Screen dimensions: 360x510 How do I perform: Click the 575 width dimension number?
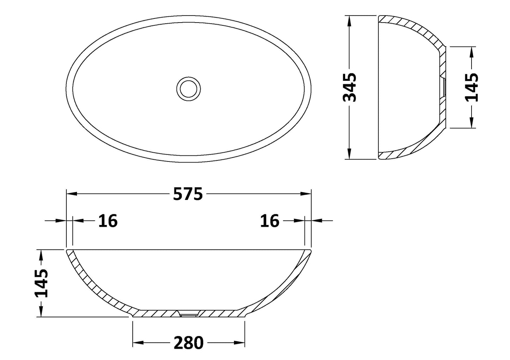pos(188,194)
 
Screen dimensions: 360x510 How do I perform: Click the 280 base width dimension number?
pos(188,343)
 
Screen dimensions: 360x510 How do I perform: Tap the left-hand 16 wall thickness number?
pos(108,221)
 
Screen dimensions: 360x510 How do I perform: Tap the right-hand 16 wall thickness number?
pos(270,221)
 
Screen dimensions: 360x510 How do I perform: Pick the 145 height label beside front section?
pos(42,283)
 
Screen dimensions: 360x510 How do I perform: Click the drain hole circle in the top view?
pos(188,88)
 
